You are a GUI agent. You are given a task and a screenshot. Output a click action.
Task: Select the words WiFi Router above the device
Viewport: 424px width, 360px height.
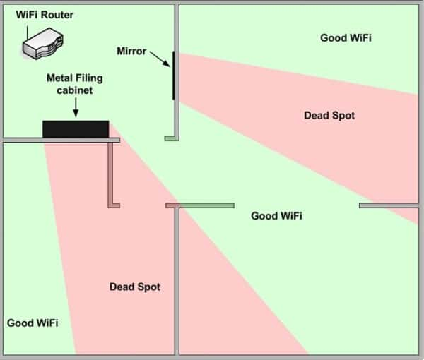44,15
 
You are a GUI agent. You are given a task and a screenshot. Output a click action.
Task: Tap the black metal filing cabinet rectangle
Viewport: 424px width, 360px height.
76,129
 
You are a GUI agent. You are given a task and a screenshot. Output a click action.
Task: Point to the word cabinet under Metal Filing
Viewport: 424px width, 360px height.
75,90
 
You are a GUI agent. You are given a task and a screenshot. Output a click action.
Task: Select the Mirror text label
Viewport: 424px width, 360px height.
131,52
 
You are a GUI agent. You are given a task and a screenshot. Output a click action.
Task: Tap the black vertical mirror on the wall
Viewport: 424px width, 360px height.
173,76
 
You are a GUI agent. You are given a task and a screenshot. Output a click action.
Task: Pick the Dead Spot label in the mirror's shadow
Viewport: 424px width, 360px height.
329,115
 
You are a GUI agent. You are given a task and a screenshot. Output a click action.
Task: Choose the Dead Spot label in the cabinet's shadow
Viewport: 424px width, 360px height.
135,287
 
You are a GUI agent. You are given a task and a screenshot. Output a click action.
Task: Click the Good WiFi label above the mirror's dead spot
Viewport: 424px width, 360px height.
346,37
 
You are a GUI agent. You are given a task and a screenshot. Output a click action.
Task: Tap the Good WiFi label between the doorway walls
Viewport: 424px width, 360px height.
276,215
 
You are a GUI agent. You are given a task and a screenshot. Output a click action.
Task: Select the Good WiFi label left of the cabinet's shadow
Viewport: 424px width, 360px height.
33,323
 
